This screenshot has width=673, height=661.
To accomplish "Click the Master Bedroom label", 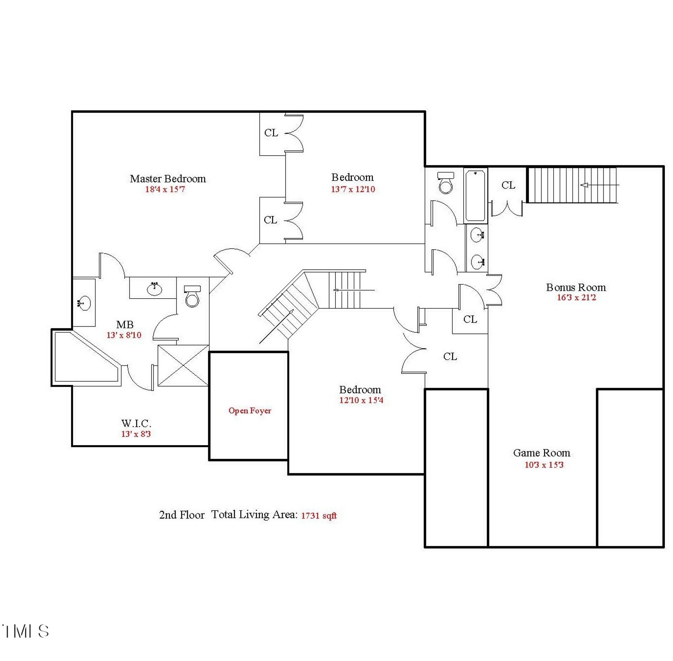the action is (x=168, y=179).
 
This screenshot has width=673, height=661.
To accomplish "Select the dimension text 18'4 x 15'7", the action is (x=165, y=189).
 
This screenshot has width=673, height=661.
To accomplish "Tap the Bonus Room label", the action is (x=576, y=287).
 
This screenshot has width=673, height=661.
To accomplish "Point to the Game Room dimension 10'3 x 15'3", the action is (x=544, y=465).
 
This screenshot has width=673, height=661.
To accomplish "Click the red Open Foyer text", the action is (x=250, y=410).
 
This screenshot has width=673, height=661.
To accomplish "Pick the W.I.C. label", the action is (x=136, y=423).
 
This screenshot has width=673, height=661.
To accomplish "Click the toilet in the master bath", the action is (x=192, y=296).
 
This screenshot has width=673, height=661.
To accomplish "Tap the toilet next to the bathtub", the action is (x=446, y=182).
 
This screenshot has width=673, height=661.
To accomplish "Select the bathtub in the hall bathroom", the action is (x=475, y=195).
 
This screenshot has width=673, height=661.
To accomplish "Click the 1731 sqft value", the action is (x=319, y=515).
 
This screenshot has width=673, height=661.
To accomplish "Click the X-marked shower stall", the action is (x=183, y=366).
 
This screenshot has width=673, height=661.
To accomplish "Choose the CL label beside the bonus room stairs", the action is (x=508, y=185).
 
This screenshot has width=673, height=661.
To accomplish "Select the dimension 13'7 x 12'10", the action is (x=353, y=189).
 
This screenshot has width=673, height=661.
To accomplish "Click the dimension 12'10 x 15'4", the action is (x=361, y=400).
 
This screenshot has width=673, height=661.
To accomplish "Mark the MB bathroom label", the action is (x=125, y=324).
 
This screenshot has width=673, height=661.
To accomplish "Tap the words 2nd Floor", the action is (x=182, y=515).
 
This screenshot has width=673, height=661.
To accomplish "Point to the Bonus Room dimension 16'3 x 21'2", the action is (x=576, y=297).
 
